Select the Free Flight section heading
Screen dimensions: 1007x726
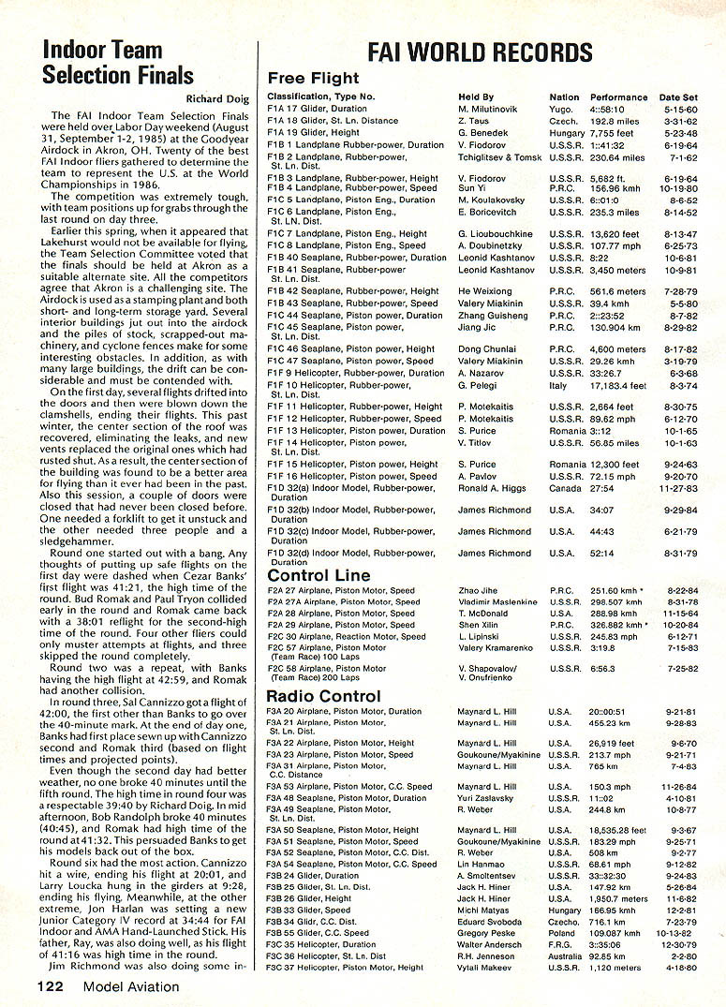[312, 79]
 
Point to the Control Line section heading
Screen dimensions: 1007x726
[319, 575]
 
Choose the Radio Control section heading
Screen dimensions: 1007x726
[324, 696]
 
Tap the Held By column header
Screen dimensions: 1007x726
[476, 97]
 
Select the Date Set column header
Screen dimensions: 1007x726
[678, 97]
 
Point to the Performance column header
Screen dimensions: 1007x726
[618, 97]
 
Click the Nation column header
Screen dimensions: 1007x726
[564, 97]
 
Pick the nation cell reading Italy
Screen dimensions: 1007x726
[559, 385]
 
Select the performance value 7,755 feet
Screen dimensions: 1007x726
[614, 134]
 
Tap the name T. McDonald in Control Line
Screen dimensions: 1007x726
[482, 614]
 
